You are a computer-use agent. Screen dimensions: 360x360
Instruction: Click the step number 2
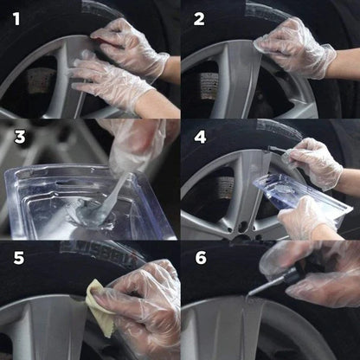click(199, 17)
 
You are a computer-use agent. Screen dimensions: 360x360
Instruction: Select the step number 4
click(199, 137)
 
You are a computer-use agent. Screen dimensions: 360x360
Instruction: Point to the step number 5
click(16, 258)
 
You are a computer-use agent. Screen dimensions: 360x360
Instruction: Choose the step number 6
click(199, 258)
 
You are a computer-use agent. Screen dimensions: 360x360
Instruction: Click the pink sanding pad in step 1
click(106, 35)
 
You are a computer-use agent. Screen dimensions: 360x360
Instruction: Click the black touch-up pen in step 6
click(286, 277)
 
